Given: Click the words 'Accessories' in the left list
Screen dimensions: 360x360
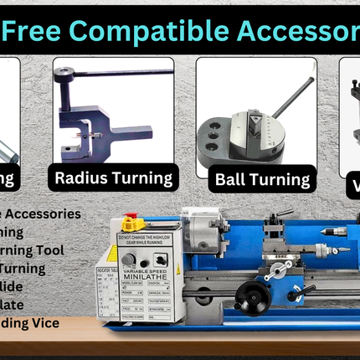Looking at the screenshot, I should click(50, 214).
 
